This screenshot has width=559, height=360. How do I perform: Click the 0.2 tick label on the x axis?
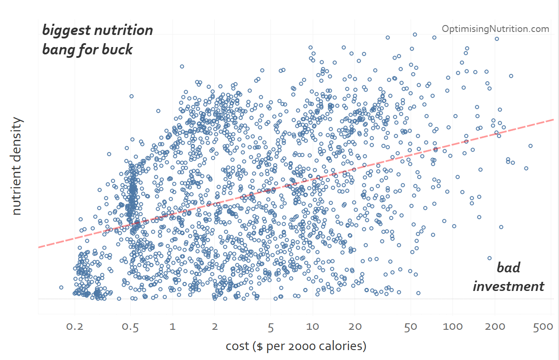pos(75,326)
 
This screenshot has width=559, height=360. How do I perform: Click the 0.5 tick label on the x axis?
pos(130,326)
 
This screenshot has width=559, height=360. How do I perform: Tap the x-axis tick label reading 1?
pos(173,326)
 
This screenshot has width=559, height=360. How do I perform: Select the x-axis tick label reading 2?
pos(215,326)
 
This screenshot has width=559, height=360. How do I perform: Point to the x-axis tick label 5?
pos(270,326)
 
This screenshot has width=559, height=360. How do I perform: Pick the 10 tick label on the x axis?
pos(313,326)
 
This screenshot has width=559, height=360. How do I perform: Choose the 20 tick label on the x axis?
pos(355,326)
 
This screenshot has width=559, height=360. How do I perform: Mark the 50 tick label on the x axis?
pos(411,326)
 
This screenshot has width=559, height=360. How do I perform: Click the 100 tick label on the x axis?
pos(453,326)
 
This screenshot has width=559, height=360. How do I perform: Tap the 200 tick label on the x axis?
pos(495,326)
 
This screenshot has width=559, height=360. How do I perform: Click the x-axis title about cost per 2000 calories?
pos(296,346)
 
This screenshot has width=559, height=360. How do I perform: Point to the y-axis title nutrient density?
pos(16,166)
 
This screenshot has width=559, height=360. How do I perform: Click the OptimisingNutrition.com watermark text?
pos(496,29)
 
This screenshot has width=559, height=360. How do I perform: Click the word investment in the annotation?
pos(509,286)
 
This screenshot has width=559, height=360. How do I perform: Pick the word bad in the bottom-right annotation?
pos(509,267)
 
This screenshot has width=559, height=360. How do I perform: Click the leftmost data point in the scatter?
pos(61,287)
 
